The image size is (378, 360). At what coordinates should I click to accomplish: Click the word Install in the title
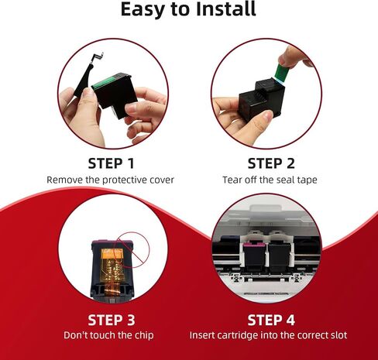tap(225, 9)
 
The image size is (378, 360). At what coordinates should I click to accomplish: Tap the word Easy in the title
tap(143, 10)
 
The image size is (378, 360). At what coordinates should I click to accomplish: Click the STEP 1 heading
tap(111, 163)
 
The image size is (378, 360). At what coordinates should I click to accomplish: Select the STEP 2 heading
tap(271, 163)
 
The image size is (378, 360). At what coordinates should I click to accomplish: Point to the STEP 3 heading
tap(112, 320)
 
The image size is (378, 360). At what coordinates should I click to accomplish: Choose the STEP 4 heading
tap(271, 320)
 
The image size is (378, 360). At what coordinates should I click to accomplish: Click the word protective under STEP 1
tap(121, 180)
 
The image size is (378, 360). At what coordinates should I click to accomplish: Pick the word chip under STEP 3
tap(144, 336)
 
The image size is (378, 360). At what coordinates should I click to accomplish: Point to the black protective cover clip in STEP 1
tap(85, 78)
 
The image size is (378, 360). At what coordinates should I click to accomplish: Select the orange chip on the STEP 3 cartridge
tap(112, 253)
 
